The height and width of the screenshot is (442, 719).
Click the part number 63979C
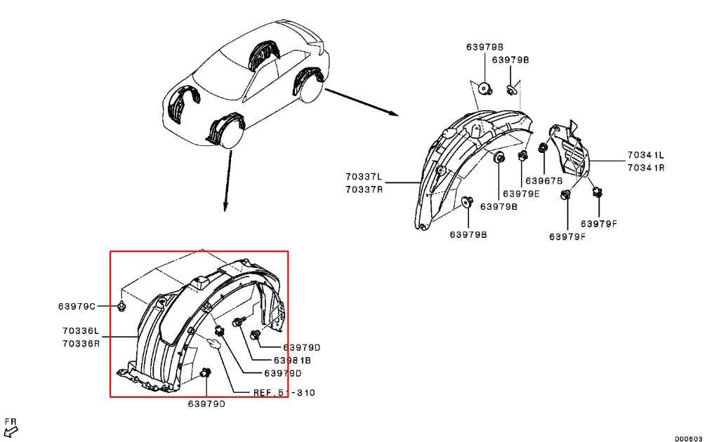[x=77, y=306]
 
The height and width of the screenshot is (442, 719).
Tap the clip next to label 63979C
[x=122, y=305]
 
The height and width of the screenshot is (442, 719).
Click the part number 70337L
[x=364, y=176]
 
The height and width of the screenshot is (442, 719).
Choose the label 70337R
[x=364, y=189]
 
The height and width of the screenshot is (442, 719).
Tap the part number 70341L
[x=646, y=154]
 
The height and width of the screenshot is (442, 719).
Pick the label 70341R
[x=646, y=168]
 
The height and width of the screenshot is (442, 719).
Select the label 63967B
[x=545, y=180]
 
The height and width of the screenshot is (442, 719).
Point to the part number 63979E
[x=521, y=194]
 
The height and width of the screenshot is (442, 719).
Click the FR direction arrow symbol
[x=10, y=430]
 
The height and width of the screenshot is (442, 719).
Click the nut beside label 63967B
[x=543, y=149]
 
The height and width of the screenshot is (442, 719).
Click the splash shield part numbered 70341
[x=572, y=152]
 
